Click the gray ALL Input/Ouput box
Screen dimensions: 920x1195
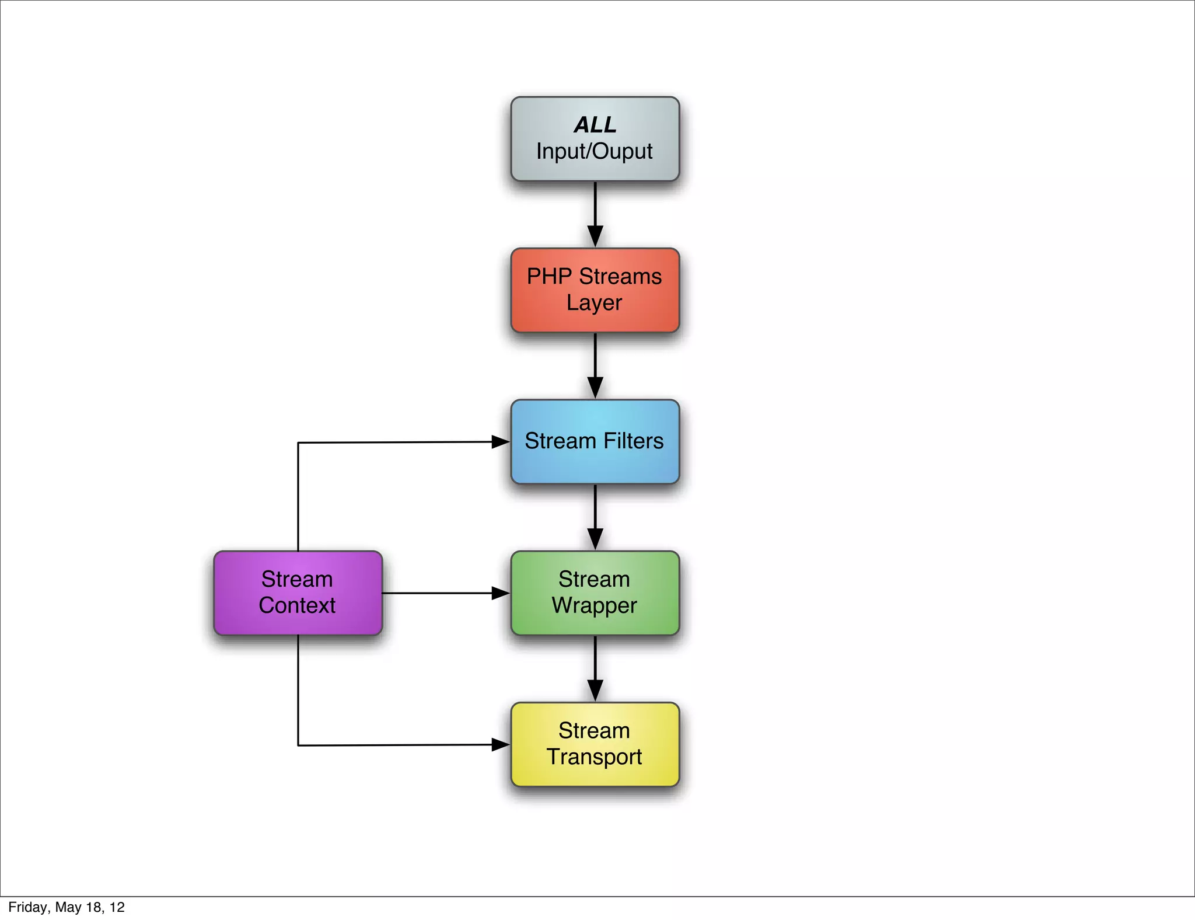point(595,139)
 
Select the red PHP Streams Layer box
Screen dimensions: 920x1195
point(595,290)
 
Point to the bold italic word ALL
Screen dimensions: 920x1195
point(595,124)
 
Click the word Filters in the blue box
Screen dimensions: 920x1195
point(634,441)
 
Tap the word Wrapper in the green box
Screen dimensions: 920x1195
point(594,605)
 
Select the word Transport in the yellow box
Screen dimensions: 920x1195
point(594,757)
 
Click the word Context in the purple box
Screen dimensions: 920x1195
point(297,605)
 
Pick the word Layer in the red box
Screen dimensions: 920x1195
point(594,302)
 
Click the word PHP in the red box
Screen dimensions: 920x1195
point(549,276)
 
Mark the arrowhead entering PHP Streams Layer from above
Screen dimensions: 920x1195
point(595,236)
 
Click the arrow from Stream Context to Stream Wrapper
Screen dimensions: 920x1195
point(443,593)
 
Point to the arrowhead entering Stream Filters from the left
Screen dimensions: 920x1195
point(500,442)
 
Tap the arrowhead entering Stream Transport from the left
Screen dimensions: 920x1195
point(500,744)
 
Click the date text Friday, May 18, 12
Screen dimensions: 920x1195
point(67,907)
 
